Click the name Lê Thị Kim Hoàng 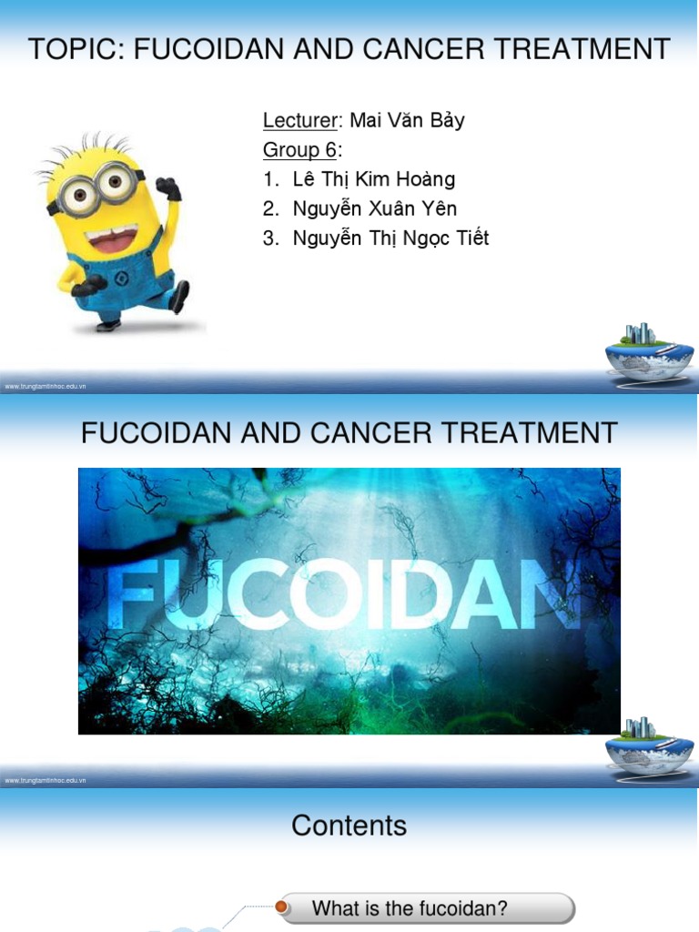click(373, 179)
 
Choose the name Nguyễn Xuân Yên click(374, 208)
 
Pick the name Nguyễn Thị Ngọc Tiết click(390, 238)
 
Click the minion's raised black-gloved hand click(168, 187)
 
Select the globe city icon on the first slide click(649, 350)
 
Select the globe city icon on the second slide click(649, 745)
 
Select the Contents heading click(349, 826)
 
